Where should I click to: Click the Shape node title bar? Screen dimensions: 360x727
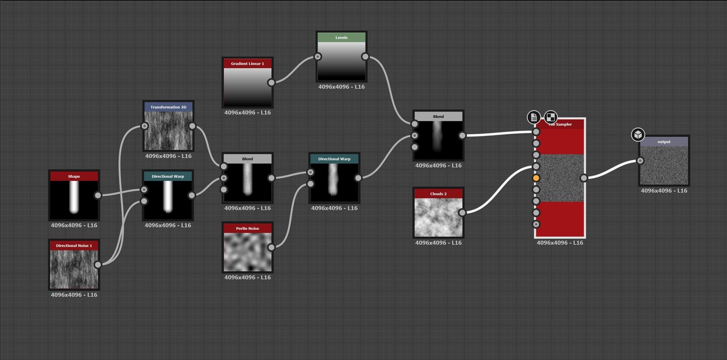click(x=74, y=176)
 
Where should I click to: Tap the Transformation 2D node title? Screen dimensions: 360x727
click(x=169, y=107)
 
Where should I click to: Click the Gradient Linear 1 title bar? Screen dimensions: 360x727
click(x=247, y=64)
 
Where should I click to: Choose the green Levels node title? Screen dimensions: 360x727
click(x=341, y=37)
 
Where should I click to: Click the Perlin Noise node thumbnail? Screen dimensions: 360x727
click(x=247, y=252)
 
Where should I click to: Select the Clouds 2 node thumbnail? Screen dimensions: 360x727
click(x=438, y=217)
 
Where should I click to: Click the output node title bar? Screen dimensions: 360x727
click(x=664, y=142)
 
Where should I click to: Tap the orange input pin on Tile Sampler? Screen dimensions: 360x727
click(x=536, y=178)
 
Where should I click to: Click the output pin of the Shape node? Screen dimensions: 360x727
click(x=98, y=195)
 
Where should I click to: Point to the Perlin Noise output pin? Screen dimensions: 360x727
click(x=271, y=247)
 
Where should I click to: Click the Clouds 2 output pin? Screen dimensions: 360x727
click(x=462, y=213)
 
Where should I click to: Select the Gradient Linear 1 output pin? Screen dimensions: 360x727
click(x=271, y=82)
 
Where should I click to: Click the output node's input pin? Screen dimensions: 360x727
click(x=640, y=161)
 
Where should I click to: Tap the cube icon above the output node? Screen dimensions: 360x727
click(x=638, y=135)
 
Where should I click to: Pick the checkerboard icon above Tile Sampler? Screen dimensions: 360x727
click(x=551, y=117)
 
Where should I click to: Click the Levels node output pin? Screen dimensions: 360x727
click(x=365, y=57)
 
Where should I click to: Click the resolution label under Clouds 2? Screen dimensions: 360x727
click(x=438, y=243)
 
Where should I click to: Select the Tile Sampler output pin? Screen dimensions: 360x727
click(x=584, y=178)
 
